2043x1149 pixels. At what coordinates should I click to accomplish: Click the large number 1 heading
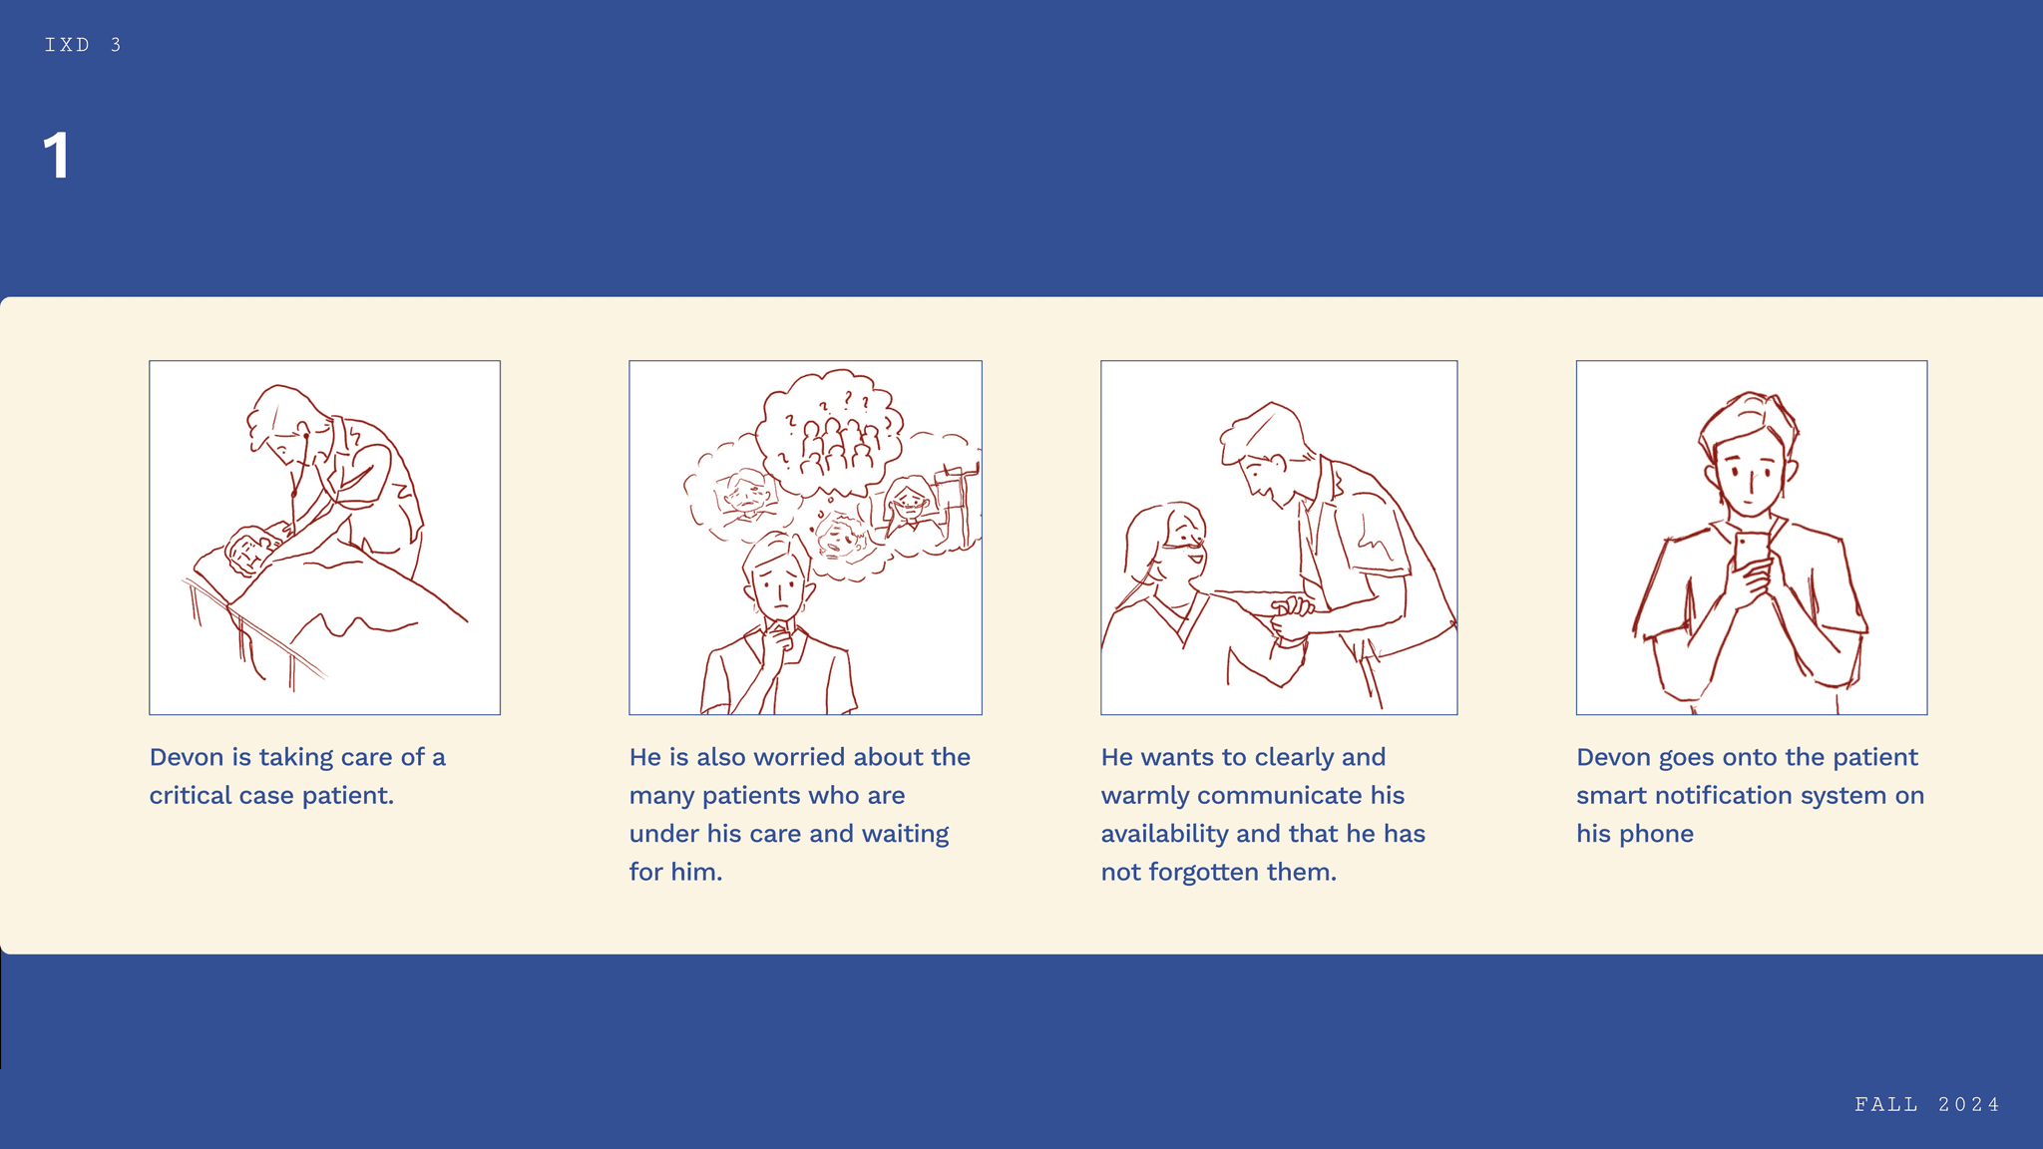(x=57, y=156)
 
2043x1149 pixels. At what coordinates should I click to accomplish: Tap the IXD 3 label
(x=84, y=45)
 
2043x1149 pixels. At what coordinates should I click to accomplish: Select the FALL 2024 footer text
(x=1927, y=1104)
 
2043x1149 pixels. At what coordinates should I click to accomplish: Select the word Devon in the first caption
(x=187, y=757)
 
